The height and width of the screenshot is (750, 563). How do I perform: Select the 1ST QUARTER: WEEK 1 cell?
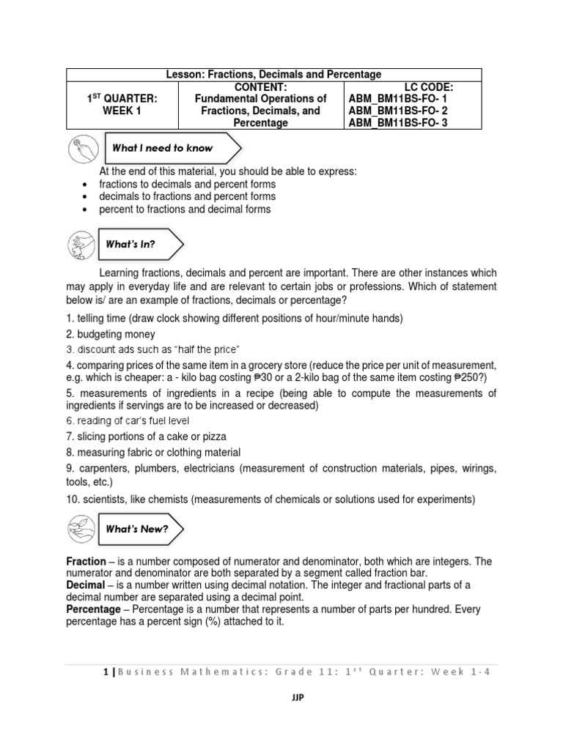122,105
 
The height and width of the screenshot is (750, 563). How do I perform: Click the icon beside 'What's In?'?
81,244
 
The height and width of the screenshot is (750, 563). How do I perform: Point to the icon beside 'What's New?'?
81,528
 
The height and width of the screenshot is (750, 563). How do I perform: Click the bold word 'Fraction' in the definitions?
86,561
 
